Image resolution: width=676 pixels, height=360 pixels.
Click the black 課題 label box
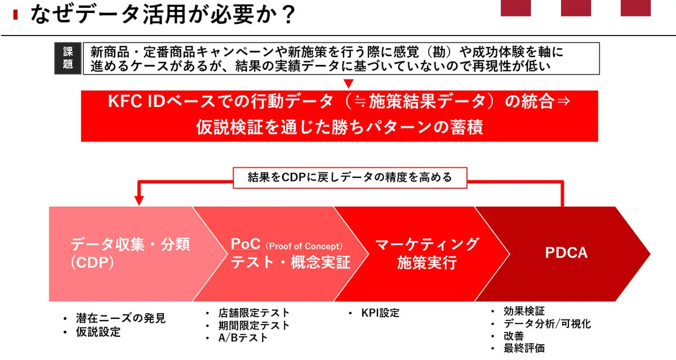(x=68, y=58)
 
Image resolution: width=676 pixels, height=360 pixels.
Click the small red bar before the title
(x=15, y=15)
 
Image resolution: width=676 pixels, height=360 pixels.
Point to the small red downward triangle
(x=349, y=83)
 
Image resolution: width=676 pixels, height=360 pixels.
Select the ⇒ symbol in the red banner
(x=563, y=101)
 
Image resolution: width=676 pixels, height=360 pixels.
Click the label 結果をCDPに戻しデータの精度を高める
(x=350, y=177)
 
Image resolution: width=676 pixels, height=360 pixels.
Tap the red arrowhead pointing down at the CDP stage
(x=139, y=200)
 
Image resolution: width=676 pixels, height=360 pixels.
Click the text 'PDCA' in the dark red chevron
(x=566, y=253)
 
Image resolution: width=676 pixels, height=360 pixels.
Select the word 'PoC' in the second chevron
(x=246, y=244)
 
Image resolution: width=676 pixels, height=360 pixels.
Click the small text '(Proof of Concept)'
(x=304, y=246)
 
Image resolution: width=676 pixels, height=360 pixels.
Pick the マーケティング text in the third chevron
(x=427, y=244)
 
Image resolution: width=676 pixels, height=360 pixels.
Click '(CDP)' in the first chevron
(x=92, y=263)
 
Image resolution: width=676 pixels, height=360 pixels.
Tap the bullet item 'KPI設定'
(x=380, y=313)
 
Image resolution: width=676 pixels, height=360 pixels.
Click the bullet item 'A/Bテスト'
(x=243, y=337)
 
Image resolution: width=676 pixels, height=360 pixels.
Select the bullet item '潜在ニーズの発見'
(x=121, y=318)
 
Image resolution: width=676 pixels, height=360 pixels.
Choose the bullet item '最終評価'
(x=524, y=348)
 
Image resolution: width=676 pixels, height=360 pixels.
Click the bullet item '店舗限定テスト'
(x=254, y=313)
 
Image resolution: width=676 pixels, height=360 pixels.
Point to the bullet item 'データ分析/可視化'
(x=547, y=324)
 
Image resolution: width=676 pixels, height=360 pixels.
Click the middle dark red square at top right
(x=576, y=8)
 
